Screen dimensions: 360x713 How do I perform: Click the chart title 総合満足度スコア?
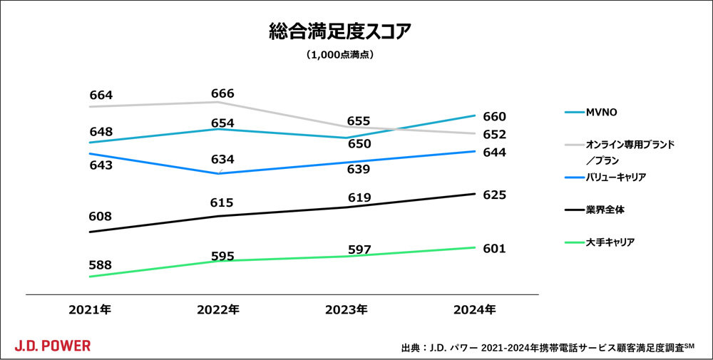[340, 32]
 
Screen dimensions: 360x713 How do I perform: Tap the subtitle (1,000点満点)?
[340, 54]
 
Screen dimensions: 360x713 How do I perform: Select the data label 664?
[101, 95]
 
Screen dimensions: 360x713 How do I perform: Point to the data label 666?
[222, 93]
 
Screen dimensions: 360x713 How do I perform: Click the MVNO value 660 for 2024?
[494, 116]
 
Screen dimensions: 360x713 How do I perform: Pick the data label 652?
[494, 134]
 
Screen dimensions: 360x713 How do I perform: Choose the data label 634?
[222, 159]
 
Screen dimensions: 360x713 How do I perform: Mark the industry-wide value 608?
[101, 216]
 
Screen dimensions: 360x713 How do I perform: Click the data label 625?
[494, 194]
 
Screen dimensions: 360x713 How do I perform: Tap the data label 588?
[101, 264]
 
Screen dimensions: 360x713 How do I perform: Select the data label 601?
[494, 248]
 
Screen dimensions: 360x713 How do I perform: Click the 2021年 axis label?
[90, 309]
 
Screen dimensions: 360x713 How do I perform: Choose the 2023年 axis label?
[347, 309]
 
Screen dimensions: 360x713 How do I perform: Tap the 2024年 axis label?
[475, 309]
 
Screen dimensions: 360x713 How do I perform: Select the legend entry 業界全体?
[605, 210]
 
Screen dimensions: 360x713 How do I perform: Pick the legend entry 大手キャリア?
[610, 242]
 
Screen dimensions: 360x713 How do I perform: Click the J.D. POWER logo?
[53, 346]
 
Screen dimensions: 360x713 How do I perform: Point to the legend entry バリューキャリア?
[615, 177]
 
